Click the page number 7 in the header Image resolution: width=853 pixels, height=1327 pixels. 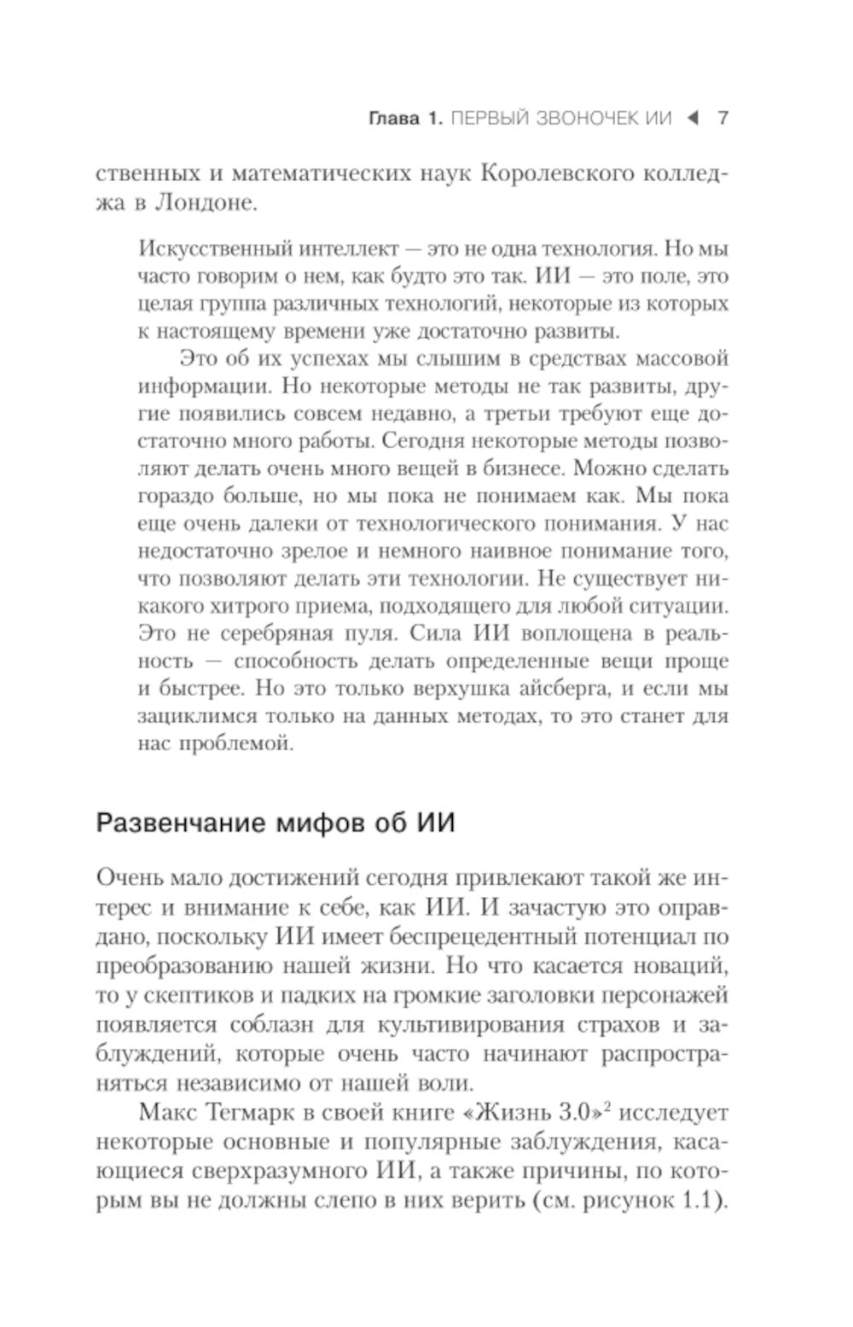click(722, 118)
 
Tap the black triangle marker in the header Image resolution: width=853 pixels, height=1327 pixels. click(693, 118)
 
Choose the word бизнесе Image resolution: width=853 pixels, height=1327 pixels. click(520, 468)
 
